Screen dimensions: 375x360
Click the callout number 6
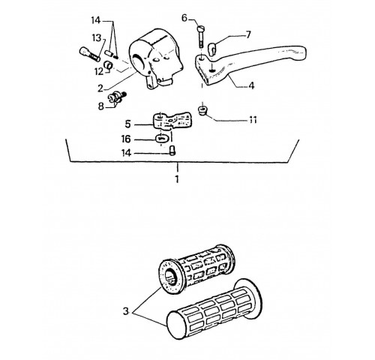[x=184, y=18]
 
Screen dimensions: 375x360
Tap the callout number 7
[x=248, y=34]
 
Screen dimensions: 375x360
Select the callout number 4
[x=251, y=85]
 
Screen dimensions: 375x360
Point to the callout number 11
[x=253, y=120]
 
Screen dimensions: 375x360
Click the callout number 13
[x=97, y=38]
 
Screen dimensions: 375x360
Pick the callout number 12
[x=99, y=72]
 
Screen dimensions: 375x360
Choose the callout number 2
[x=100, y=88]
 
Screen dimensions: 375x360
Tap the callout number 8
[x=100, y=106]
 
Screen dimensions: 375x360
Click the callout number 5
[x=127, y=124]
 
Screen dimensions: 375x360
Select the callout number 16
[x=126, y=139]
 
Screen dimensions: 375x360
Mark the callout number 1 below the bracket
[x=177, y=179]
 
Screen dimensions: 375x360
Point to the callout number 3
[x=126, y=311]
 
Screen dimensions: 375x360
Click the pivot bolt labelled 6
[x=201, y=37]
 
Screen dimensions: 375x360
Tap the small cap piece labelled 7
[x=212, y=48]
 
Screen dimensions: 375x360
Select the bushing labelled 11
[x=202, y=111]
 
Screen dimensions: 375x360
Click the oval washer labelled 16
[x=161, y=138]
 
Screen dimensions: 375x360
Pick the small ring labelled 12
[x=109, y=64]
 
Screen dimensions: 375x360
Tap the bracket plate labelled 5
[x=172, y=121]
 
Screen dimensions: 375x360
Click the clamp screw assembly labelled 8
[x=117, y=97]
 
